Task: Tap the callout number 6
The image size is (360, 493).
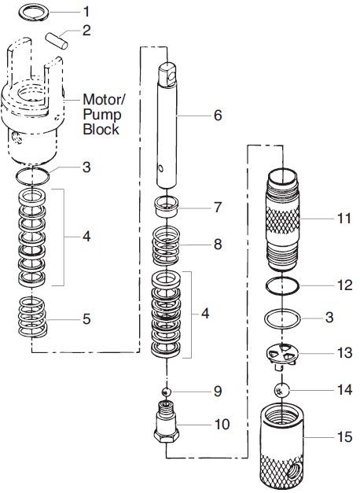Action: [x=218, y=116]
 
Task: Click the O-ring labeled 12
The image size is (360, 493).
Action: [x=281, y=284]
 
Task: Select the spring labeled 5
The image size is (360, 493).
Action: [x=32, y=318]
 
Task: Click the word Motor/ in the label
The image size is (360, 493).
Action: [x=105, y=100]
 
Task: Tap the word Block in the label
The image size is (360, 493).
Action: [x=101, y=130]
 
